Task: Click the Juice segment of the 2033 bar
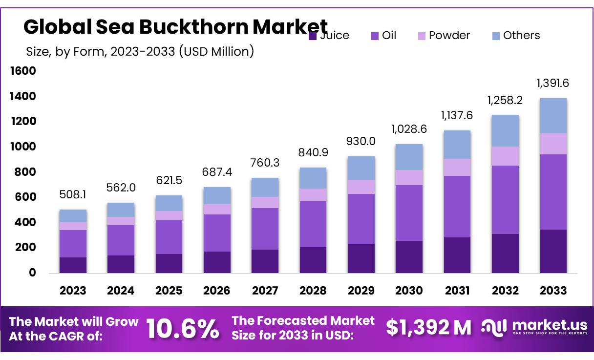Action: click(x=553, y=251)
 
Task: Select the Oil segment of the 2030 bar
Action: click(x=409, y=213)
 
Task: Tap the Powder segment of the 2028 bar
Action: click(x=313, y=195)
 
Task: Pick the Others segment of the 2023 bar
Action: click(x=73, y=216)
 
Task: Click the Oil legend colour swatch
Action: click(x=375, y=36)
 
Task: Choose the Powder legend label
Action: click(x=449, y=36)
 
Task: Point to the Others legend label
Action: click(x=521, y=36)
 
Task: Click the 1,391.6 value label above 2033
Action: click(x=552, y=84)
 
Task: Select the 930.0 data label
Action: click(x=361, y=141)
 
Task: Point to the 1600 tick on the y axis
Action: click(x=23, y=71)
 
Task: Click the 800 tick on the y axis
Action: click(x=26, y=172)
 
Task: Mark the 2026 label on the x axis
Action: click(x=217, y=291)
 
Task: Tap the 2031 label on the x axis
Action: click(x=457, y=291)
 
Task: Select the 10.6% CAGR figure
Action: click(x=183, y=329)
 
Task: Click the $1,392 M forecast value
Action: click(x=428, y=328)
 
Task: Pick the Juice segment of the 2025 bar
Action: click(x=169, y=263)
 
